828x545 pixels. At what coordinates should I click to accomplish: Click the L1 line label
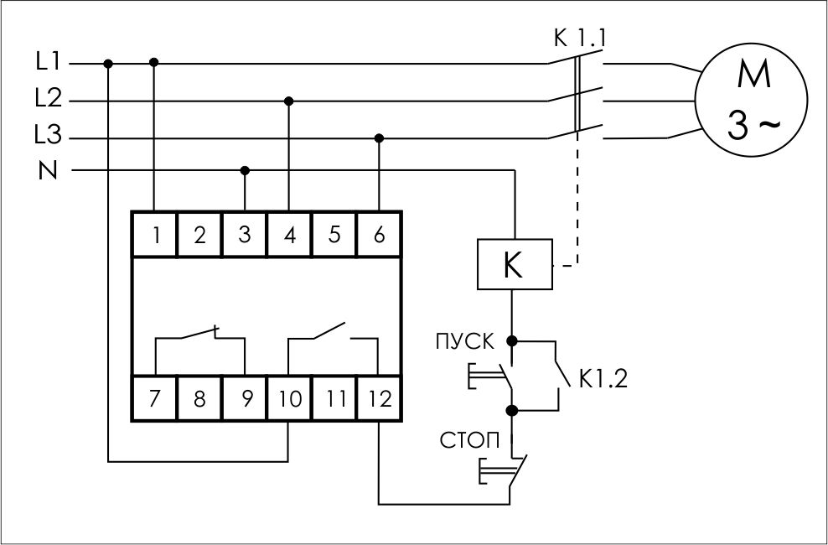(48, 61)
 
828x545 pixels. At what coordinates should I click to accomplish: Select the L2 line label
(48, 99)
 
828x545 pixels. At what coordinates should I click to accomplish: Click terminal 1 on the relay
(155, 236)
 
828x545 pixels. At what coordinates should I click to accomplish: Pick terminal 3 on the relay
(245, 236)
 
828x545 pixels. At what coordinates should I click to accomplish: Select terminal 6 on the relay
(379, 236)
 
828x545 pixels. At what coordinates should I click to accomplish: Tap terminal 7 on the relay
(155, 399)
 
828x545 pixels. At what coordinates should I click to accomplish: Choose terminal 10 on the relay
(289, 399)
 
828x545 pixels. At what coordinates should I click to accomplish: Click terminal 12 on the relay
(379, 399)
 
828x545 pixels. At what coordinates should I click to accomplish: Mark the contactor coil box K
(513, 264)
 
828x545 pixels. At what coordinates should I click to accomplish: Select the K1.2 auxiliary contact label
(602, 378)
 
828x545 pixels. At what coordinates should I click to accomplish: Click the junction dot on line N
(245, 170)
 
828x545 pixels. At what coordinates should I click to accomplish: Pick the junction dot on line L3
(379, 138)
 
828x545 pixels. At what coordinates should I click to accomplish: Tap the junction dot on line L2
(289, 101)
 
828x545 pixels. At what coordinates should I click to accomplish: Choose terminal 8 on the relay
(199, 399)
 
